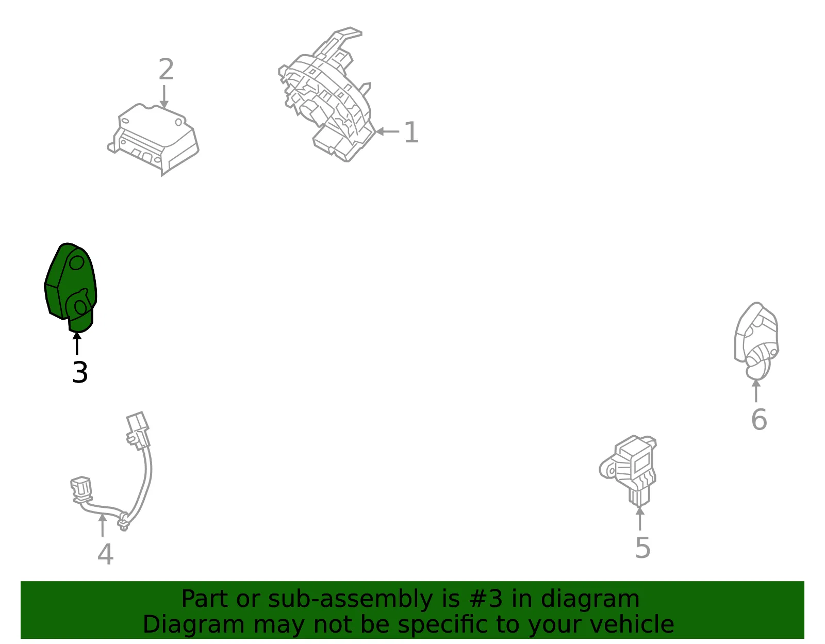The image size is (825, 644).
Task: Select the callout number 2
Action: (167, 69)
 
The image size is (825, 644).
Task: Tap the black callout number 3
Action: (80, 372)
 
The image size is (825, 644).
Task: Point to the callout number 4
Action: (106, 554)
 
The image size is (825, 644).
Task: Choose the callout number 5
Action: (643, 548)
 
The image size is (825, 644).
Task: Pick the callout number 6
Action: (759, 420)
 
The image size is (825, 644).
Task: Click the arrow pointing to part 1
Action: (387, 131)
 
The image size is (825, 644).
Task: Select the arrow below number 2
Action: (164, 97)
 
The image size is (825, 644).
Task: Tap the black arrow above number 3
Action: (77, 343)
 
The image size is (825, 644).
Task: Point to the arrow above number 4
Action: (103, 525)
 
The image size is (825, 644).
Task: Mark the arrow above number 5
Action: (640, 519)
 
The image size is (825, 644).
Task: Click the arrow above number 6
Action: (756, 391)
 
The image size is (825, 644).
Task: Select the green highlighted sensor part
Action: (71, 287)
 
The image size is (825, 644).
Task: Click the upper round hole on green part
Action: (77, 262)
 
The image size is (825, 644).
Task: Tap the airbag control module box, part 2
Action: (153, 139)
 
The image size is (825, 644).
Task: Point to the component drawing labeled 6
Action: (756, 341)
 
